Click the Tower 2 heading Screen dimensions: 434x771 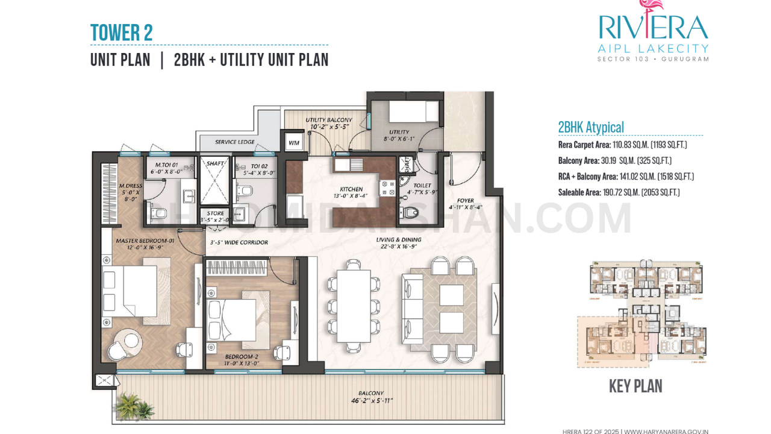[x=121, y=33]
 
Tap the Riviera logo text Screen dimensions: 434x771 [x=653, y=27]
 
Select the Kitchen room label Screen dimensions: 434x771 [x=351, y=190]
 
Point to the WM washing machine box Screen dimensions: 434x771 [x=294, y=143]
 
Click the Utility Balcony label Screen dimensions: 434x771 [x=328, y=121]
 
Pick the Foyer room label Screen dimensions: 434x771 [x=465, y=201]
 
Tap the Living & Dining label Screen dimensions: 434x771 [x=399, y=240]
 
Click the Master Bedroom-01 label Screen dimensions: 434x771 [x=145, y=241]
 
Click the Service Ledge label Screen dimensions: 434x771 [x=235, y=142]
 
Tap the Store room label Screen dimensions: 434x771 [x=215, y=213]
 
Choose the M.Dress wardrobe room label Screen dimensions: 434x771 [x=130, y=186]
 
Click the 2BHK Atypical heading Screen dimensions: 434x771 [x=591, y=127]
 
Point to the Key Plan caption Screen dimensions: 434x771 [x=635, y=386]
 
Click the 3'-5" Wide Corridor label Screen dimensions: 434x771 [x=239, y=243]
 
